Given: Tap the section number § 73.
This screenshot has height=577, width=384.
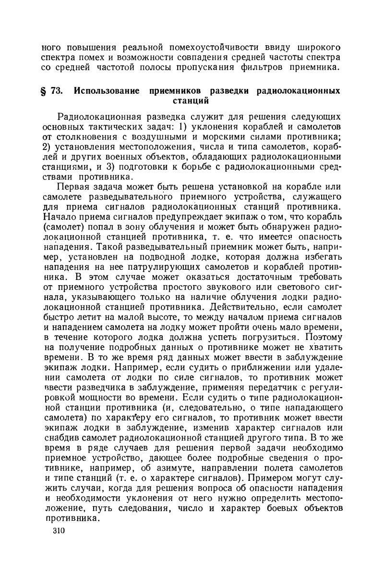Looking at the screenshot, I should [52, 91].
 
